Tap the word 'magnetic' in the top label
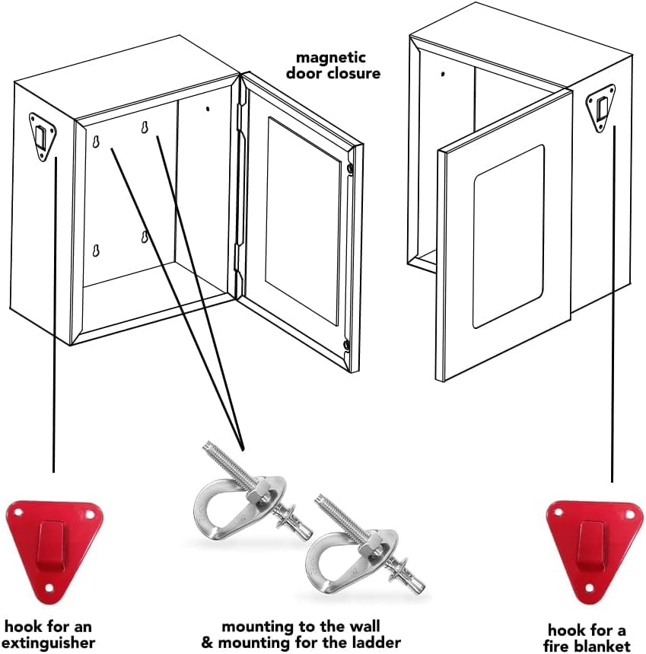click(x=321, y=57)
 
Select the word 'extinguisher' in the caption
click(x=53, y=643)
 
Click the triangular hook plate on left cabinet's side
click(x=43, y=137)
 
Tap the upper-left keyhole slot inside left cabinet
click(x=97, y=142)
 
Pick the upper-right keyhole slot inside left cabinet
click(x=144, y=129)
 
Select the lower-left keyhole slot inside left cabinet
click(x=97, y=251)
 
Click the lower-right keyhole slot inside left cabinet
click(x=144, y=237)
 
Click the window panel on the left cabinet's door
click(x=302, y=220)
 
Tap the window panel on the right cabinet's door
click(x=508, y=236)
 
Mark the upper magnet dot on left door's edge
click(x=349, y=168)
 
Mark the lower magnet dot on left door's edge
click(x=346, y=346)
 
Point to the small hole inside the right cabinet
click(x=443, y=75)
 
